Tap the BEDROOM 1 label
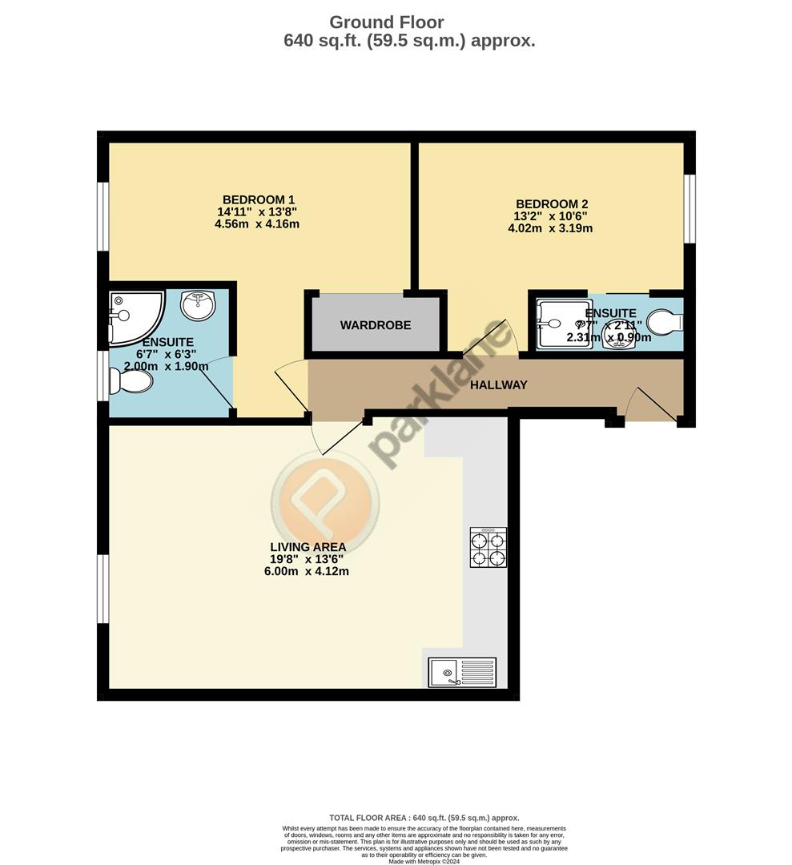259,199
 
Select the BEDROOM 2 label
552,203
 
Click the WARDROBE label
376,325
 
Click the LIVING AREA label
308,547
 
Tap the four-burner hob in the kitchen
488,548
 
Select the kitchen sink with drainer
462,672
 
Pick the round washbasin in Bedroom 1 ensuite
198,304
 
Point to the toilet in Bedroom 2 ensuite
665,323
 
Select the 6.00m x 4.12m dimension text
308,571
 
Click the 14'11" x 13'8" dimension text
257,212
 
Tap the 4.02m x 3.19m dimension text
550,228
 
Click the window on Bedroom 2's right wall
689,207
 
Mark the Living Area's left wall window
103,589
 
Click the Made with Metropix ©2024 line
424,861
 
